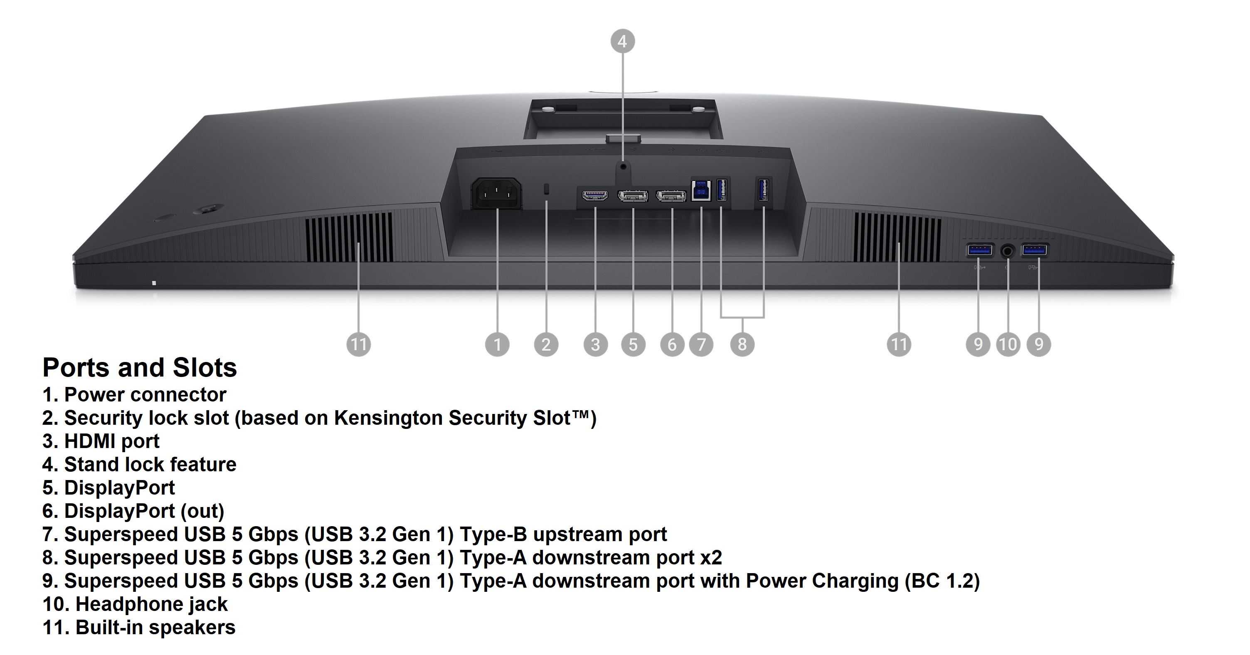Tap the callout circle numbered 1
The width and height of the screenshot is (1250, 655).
497,345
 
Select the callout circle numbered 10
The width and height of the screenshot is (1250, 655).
1008,345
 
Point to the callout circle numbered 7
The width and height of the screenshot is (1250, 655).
701,345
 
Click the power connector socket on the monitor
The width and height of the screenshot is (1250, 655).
496,194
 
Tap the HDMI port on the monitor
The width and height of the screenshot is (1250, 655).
595,195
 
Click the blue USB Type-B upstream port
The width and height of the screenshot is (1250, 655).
701,191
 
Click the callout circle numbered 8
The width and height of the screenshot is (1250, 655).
742,345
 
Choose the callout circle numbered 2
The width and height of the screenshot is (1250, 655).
546,345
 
